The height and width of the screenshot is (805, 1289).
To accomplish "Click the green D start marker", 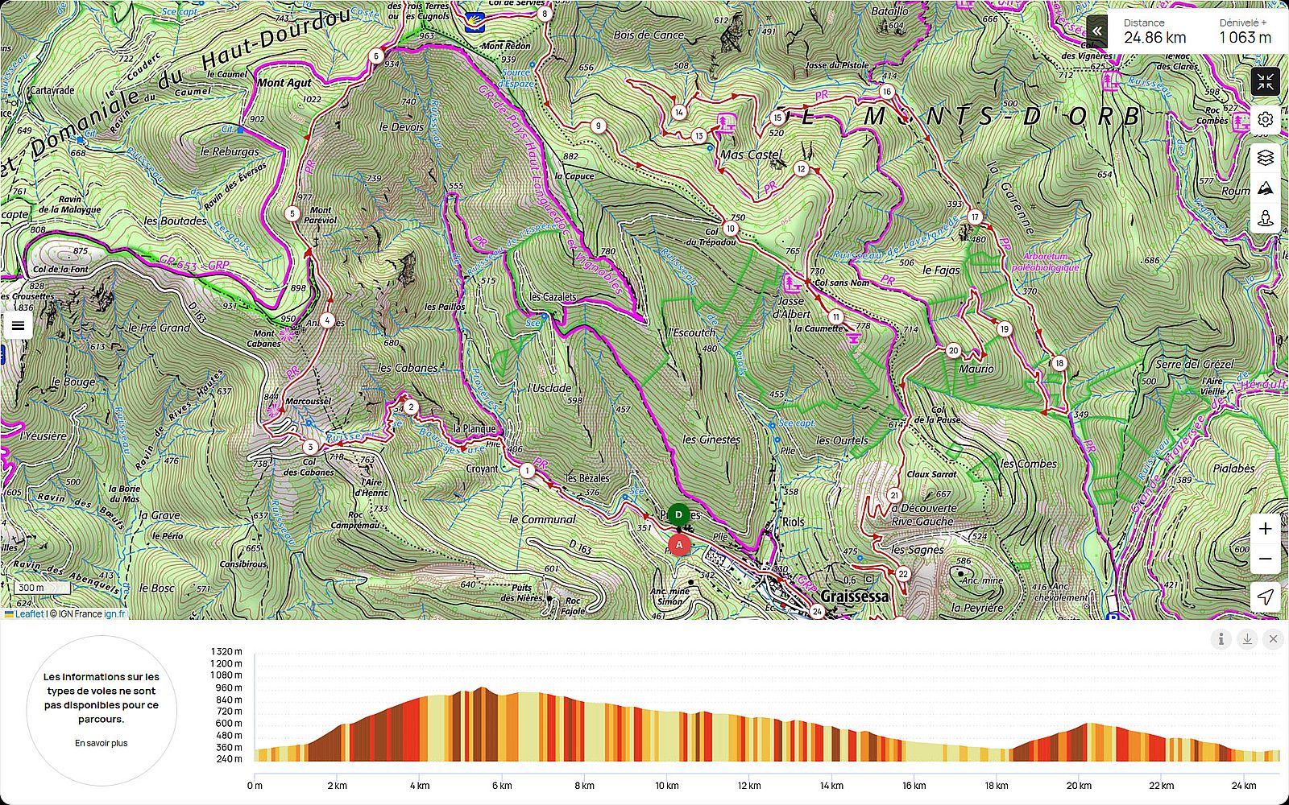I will click(x=678, y=514).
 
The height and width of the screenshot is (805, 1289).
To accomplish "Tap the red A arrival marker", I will click(x=679, y=545).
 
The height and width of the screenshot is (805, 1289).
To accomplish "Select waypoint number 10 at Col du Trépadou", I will click(x=730, y=228).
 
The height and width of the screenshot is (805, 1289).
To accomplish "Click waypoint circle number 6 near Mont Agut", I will click(x=376, y=56).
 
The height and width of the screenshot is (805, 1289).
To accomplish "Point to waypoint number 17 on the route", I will click(x=975, y=217).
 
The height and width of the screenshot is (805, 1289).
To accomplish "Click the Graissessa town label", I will click(x=855, y=597).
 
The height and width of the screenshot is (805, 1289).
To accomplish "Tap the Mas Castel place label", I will click(x=751, y=155).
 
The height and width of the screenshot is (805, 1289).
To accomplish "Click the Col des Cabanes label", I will click(x=309, y=467).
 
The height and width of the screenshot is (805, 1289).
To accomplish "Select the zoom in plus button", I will click(x=1266, y=529).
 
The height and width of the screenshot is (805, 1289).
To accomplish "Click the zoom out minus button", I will click(x=1266, y=559).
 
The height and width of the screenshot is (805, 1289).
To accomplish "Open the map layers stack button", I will click(x=1266, y=158).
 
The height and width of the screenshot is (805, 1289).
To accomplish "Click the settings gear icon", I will click(x=1266, y=119).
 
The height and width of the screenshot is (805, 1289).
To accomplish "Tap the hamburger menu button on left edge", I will click(x=18, y=326).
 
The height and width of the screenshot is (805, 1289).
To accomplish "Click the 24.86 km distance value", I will click(x=1154, y=37).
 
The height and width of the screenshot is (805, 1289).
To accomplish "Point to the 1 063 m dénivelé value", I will click(x=1244, y=37).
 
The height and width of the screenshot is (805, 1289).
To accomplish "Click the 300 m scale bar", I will click(x=32, y=588).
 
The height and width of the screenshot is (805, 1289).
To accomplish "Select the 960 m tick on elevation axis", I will click(x=227, y=687).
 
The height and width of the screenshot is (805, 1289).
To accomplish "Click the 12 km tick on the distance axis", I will click(x=748, y=786).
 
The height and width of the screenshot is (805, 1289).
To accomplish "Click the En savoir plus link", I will click(x=102, y=743).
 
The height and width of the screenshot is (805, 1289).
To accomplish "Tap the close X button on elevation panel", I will click(x=1273, y=639).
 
